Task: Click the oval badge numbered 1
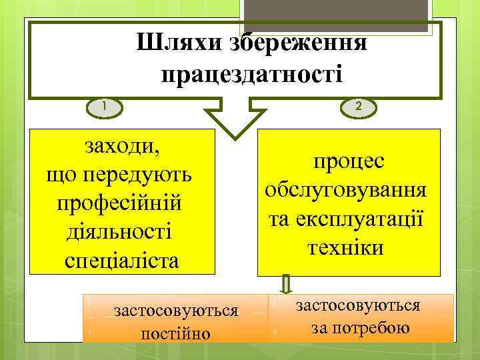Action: pyautogui.click(x=106, y=105)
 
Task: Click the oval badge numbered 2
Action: pyautogui.click(x=358, y=105)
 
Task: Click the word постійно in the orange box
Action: pyautogui.click(x=176, y=333)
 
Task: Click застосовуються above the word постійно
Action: pyautogui.click(x=176, y=311)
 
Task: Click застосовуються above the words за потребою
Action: pyautogui.click(x=358, y=306)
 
